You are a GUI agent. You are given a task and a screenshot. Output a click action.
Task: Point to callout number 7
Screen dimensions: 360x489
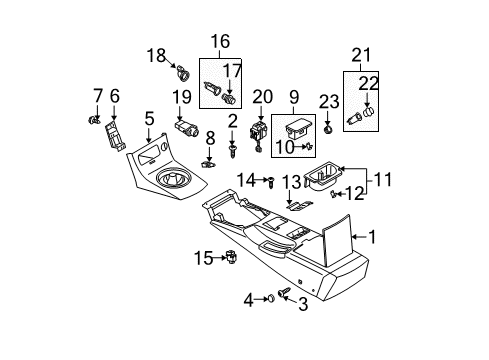coord(97,95)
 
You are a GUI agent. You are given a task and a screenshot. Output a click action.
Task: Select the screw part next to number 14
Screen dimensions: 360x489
coord(271,181)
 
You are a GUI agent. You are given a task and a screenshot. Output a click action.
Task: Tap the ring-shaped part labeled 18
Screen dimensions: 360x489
coord(183,72)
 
